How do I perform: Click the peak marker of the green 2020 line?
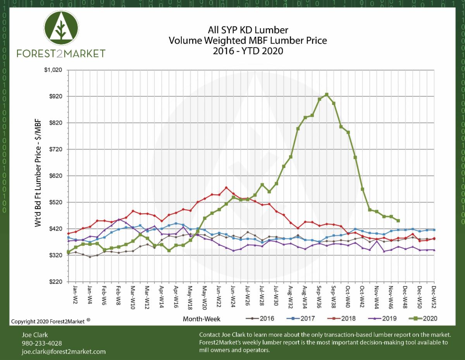327,94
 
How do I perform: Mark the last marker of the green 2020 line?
398,221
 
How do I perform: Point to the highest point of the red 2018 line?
226,188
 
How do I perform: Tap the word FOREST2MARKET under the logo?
61,53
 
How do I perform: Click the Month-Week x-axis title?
201,319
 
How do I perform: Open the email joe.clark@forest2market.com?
64,351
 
